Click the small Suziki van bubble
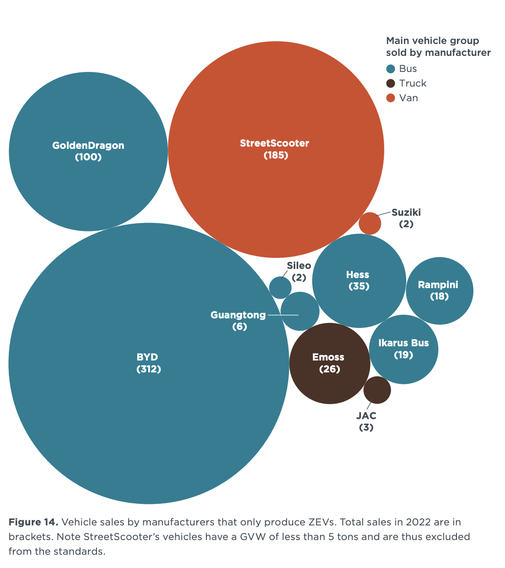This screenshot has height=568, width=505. [370, 224]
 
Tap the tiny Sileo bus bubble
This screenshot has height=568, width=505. [280, 288]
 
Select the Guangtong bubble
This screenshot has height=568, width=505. [300, 311]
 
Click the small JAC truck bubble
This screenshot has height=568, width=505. [377, 390]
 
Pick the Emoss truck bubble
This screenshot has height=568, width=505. [329, 363]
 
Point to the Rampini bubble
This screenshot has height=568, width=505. [439, 291]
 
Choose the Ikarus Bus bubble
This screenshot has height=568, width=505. [403, 349]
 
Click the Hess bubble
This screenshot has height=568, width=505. [359, 280]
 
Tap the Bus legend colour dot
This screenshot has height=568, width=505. [390, 69]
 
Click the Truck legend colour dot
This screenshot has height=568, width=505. [390, 83]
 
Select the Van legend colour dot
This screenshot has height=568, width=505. [390, 98]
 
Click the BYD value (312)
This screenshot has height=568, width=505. [149, 369]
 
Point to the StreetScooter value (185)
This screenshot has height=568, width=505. [276, 155]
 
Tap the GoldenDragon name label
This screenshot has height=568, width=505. [88, 146]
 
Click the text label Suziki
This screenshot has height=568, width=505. [406, 213]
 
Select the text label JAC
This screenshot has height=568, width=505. [366, 416]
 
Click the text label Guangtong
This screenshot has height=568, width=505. [238, 315]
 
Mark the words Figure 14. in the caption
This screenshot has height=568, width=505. [33, 522]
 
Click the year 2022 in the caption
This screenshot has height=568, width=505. [421, 522]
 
